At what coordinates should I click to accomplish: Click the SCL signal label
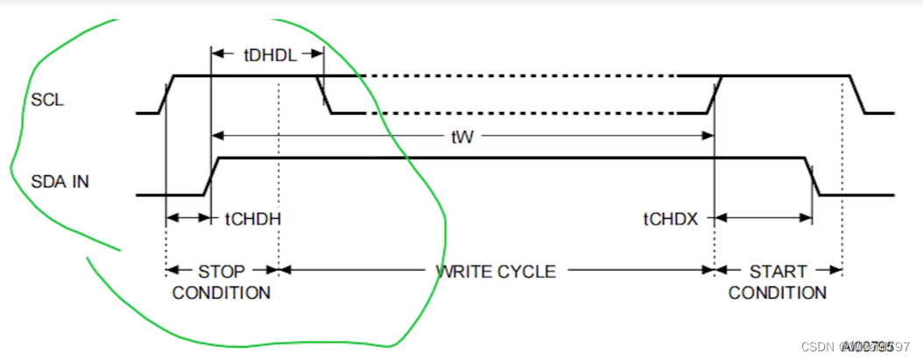[x=47, y=100]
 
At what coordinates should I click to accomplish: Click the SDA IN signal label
[x=60, y=182]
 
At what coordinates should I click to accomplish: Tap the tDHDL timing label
[x=270, y=55]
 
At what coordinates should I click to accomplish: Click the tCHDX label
[x=672, y=219]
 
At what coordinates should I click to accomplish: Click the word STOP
[x=222, y=271]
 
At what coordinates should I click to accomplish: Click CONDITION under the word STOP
[x=222, y=293]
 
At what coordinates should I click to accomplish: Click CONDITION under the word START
[x=778, y=293]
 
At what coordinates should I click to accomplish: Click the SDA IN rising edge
[x=211, y=176]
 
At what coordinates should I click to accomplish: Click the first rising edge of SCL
[x=168, y=95]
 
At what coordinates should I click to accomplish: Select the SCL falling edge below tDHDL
[x=324, y=95]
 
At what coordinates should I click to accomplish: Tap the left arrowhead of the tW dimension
[x=218, y=136]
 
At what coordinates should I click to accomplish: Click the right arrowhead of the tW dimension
[x=708, y=136]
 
